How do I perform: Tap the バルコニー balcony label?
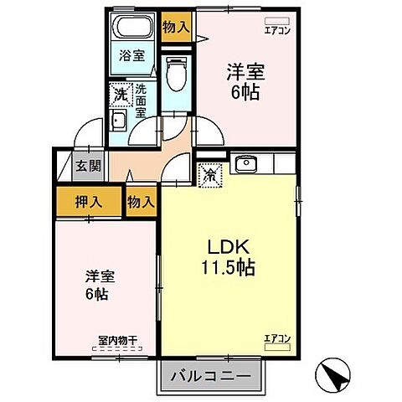211,376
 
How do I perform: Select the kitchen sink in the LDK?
246,164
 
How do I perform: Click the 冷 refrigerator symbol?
208,176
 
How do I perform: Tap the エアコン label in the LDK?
277,338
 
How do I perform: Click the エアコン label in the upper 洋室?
276,28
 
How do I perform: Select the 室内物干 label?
116,340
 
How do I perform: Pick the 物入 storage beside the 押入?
142,201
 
